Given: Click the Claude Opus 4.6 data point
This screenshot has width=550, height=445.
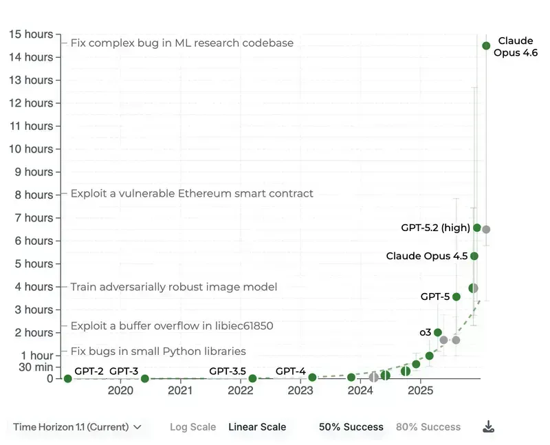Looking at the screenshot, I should (x=486, y=46).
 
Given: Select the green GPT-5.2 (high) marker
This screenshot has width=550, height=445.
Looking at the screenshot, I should (x=477, y=228).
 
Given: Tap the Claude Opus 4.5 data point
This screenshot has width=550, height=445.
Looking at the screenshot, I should (x=474, y=256).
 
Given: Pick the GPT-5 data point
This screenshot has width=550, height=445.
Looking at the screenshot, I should (x=456, y=296).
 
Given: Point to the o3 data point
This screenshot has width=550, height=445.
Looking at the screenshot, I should (x=438, y=332).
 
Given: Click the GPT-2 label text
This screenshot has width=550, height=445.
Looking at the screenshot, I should (x=89, y=371).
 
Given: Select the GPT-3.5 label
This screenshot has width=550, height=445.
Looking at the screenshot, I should (x=228, y=371).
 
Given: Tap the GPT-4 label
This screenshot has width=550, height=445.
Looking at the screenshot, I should (x=290, y=371).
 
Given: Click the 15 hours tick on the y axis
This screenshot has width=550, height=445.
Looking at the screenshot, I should (x=30, y=34).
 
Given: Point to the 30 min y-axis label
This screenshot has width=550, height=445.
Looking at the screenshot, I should (x=36, y=367).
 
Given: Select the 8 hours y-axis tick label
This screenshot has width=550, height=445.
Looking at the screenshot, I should (x=34, y=195).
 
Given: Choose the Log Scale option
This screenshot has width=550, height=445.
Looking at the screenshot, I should (x=192, y=427).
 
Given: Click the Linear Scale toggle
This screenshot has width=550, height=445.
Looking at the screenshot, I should (x=257, y=427).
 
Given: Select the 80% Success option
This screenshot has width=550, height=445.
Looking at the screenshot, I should (x=428, y=427).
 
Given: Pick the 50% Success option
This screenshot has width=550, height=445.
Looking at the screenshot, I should (x=351, y=427).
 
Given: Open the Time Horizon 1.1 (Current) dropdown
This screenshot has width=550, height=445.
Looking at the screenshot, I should (x=77, y=427).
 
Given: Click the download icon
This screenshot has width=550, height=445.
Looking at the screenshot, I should (x=488, y=427).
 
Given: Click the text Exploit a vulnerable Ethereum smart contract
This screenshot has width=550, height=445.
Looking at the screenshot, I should (x=192, y=194).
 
